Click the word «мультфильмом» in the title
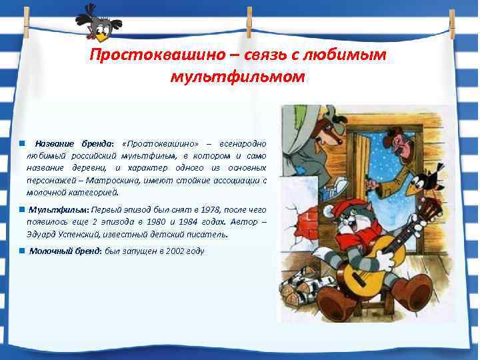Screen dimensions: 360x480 [237, 77]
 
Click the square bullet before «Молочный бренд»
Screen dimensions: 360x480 [22, 251]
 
